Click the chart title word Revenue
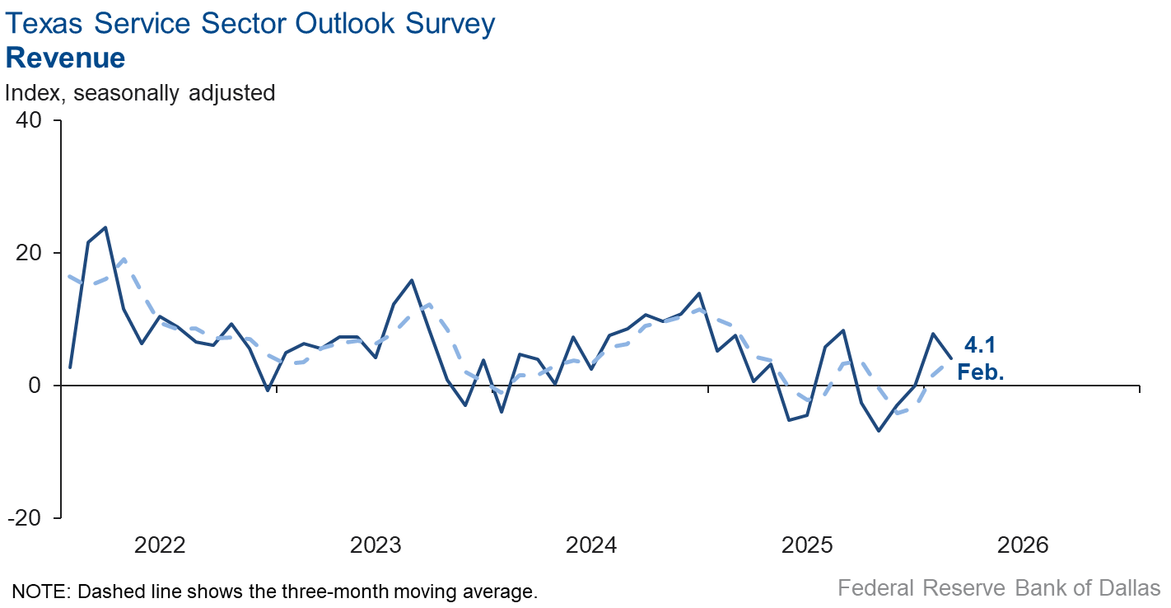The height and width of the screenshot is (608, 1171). click(x=65, y=58)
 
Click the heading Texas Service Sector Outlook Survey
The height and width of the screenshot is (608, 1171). click(x=250, y=24)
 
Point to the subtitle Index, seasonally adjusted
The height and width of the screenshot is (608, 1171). click(x=140, y=93)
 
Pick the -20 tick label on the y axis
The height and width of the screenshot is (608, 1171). click(x=30, y=518)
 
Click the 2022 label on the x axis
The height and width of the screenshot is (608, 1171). click(x=160, y=545)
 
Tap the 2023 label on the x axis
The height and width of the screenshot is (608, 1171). click(x=376, y=545)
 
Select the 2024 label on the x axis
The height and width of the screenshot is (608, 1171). click(x=591, y=545)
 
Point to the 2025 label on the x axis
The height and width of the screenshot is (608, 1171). click(x=807, y=545)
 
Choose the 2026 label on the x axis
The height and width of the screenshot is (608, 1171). click(x=1023, y=545)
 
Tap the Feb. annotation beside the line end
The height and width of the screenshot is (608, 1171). click(x=981, y=372)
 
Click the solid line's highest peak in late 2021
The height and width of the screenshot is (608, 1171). click(x=105, y=227)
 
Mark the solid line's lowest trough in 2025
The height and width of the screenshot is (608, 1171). click(x=879, y=431)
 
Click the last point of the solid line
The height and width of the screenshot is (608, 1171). click(x=951, y=358)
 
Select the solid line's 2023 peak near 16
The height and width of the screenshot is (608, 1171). click(x=412, y=280)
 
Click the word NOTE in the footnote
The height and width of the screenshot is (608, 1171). click(x=35, y=591)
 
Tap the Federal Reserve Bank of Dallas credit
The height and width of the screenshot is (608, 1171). click(x=999, y=588)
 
